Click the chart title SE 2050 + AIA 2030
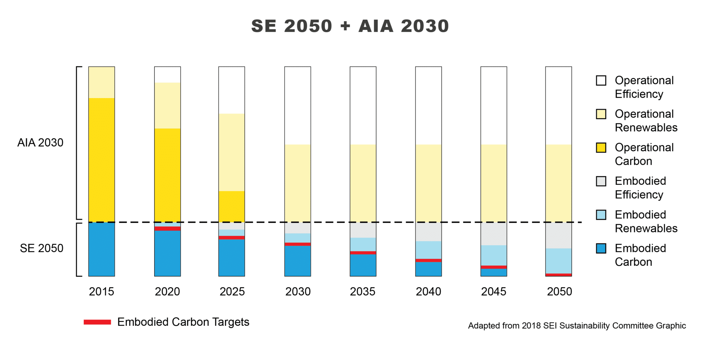tap(350, 26)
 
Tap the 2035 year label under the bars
tap(363, 291)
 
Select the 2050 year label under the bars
tap(559, 291)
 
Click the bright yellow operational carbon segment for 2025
tap(232, 206)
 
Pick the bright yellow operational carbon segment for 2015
tap(101, 159)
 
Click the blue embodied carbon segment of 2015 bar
tap(101, 249)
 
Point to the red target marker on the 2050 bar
tap(559, 275)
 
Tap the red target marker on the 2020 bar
tap(167, 229)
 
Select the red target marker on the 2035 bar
tap(363, 253)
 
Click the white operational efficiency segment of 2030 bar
tap(298, 105)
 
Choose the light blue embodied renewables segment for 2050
tap(559, 261)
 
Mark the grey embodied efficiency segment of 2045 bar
tap(494, 234)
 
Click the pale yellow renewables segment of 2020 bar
tap(167, 105)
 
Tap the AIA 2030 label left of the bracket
tap(40, 143)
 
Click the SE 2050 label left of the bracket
tap(41, 248)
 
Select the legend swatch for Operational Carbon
tap(601, 148)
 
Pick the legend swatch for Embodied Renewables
tap(601, 215)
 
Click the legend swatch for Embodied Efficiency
tap(601, 181)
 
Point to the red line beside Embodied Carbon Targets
tap(97, 322)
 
